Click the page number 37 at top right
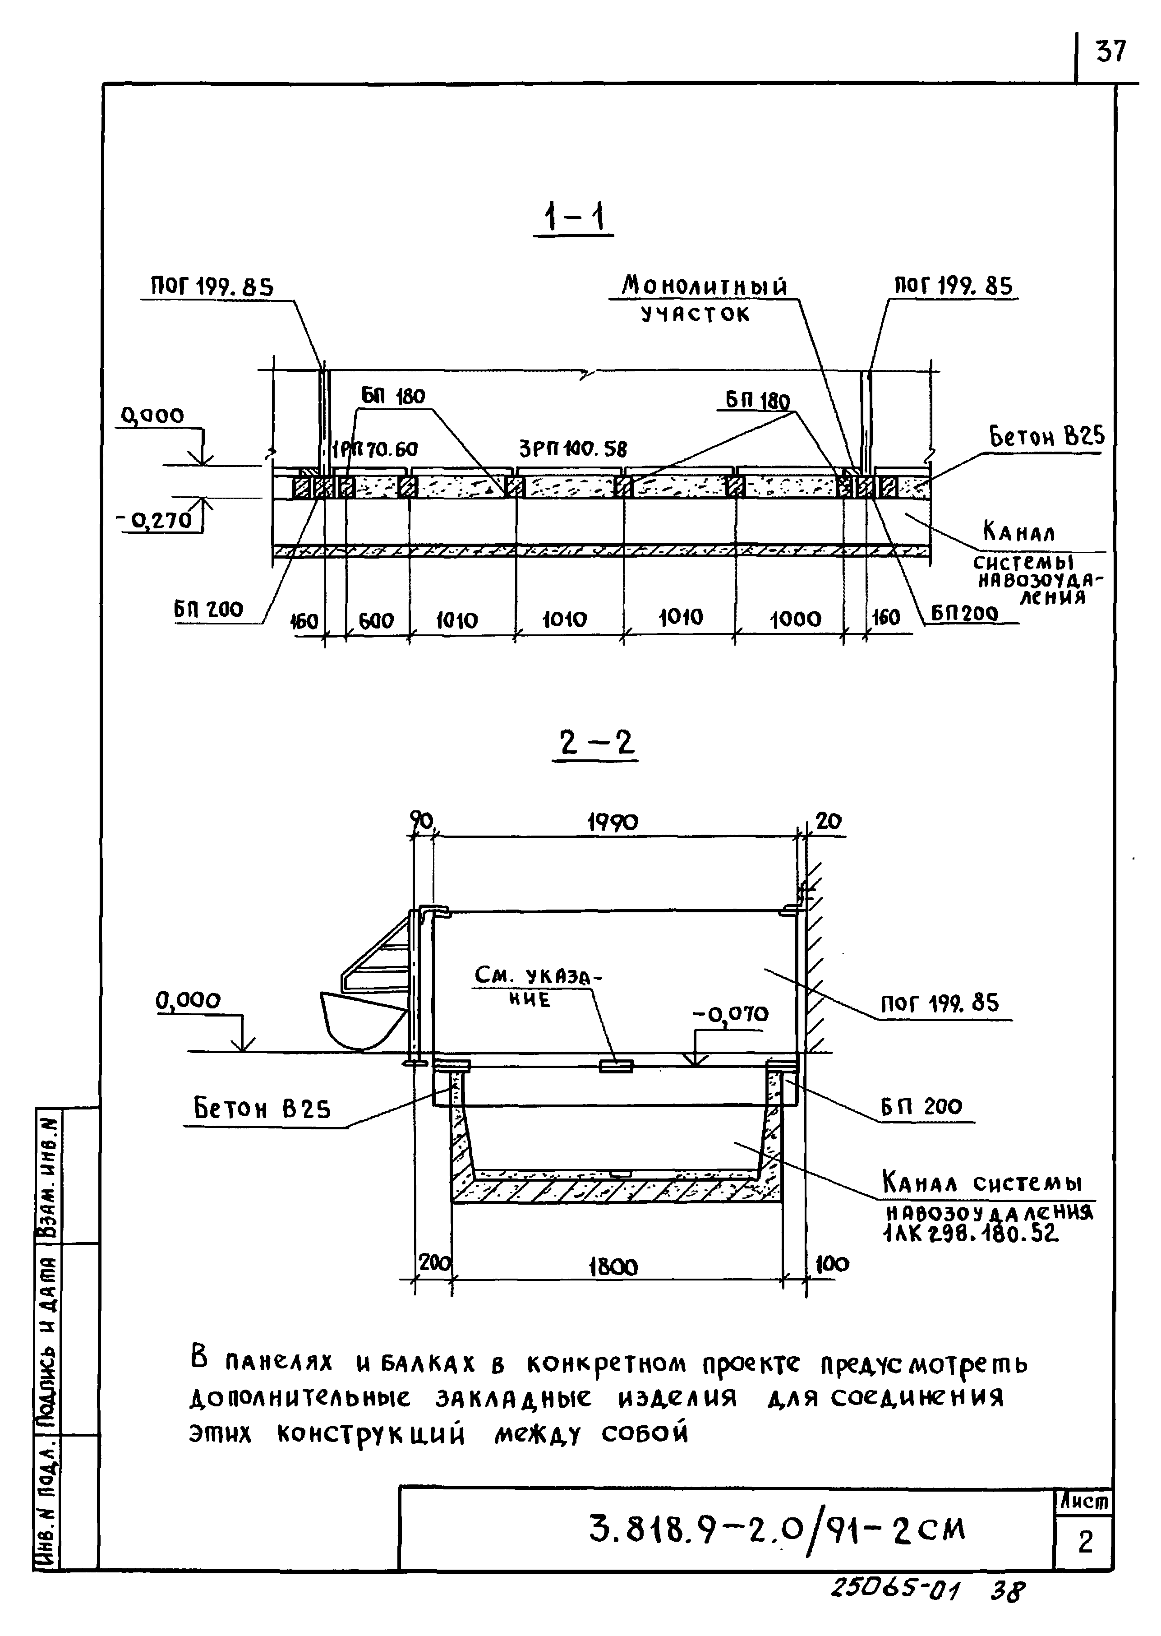(1110, 51)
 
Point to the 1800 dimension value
(613, 1268)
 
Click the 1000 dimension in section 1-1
(795, 619)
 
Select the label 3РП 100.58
(573, 449)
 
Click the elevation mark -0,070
(730, 1014)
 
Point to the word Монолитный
(704, 287)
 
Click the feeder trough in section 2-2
(361, 1018)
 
